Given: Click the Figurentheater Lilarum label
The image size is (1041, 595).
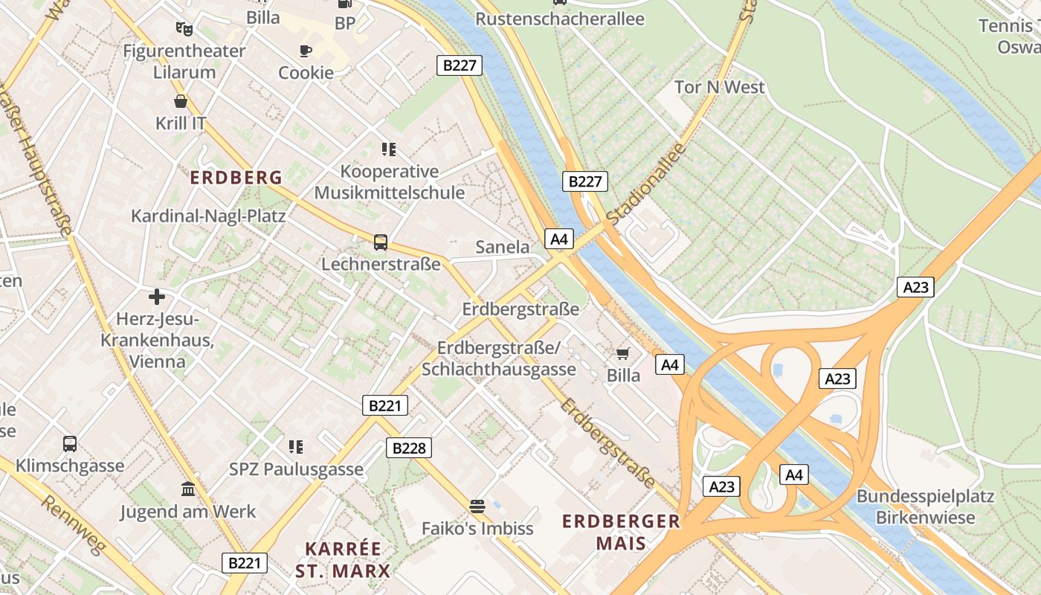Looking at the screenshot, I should pyautogui.click(x=184, y=62).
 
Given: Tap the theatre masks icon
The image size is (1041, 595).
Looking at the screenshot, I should pyautogui.click(x=184, y=29).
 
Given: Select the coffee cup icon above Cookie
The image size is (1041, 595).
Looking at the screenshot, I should pyautogui.click(x=306, y=51).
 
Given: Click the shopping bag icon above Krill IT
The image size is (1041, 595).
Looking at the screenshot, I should pyautogui.click(x=181, y=101).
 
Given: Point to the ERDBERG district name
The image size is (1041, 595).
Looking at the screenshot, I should pyautogui.click(x=236, y=178).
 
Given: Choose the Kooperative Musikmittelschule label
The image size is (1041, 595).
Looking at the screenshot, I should pyautogui.click(x=389, y=182).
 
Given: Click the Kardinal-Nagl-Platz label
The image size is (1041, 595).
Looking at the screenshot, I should pyautogui.click(x=208, y=216).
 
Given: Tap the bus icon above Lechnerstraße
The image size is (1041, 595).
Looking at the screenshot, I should pyautogui.click(x=380, y=242).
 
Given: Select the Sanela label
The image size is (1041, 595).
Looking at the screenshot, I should pyautogui.click(x=503, y=247).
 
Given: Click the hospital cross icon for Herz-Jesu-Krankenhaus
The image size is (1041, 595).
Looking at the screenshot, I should pyautogui.click(x=157, y=297).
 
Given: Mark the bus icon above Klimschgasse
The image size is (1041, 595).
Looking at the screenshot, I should pyautogui.click(x=70, y=444).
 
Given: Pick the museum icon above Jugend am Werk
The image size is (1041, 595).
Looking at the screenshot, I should pyautogui.click(x=188, y=489).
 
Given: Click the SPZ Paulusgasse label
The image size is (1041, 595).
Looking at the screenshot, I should pyautogui.click(x=296, y=469).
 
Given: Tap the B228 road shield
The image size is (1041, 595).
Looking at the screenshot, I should pyautogui.click(x=408, y=448).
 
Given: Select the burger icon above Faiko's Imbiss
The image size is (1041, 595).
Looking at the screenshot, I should pyautogui.click(x=477, y=506).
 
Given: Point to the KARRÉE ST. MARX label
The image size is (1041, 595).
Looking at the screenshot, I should pyautogui.click(x=343, y=559).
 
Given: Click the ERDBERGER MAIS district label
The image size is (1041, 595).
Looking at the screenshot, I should pyautogui.click(x=621, y=531).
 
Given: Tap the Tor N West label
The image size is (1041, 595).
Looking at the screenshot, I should pyautogui.click(x=719, y=87).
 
